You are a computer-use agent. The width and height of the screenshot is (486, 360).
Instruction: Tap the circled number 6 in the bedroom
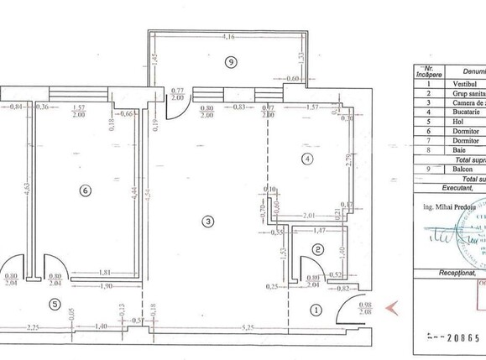tap(84, 190)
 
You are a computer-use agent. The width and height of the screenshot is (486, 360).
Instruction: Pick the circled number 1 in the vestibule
tap(316, 310)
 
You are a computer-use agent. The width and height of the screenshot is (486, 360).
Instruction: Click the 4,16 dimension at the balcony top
tap(227, 37)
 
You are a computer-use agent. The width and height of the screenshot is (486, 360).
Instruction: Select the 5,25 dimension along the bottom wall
tap(225, 328)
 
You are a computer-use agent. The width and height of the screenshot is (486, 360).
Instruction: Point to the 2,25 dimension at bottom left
tap(34, 328)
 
